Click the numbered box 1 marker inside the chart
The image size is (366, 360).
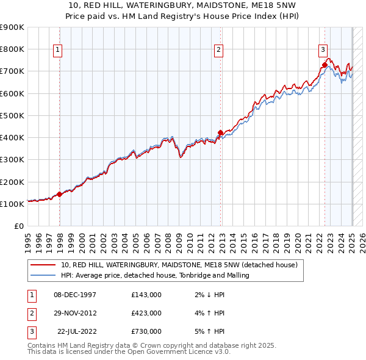click(57, 51)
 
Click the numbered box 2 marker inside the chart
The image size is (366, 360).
click(218, 51)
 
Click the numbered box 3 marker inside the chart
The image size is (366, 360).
click(323, 51)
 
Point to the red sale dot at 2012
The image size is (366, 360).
click(221, 132)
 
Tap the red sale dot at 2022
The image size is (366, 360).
click(325, 64)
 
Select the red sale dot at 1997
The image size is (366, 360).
click(59, 194)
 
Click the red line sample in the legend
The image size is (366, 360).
click(43, 265)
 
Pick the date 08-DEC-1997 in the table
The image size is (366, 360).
click(74, 295)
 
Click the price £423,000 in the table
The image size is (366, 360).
click(146, 313)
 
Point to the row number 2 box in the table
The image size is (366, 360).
click(30, 313)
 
